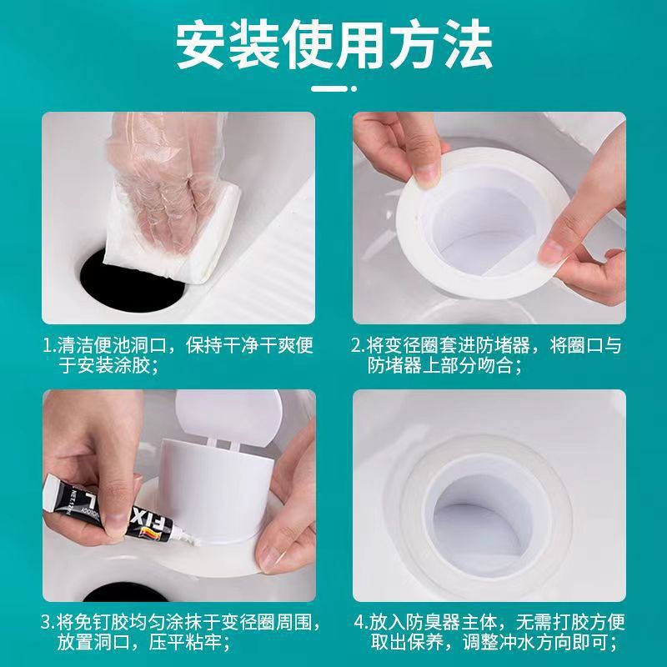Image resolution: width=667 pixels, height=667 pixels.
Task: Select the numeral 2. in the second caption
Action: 359,345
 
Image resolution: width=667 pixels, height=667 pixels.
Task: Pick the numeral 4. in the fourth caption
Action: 359,622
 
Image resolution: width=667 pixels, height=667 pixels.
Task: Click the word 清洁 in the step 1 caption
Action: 78,345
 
